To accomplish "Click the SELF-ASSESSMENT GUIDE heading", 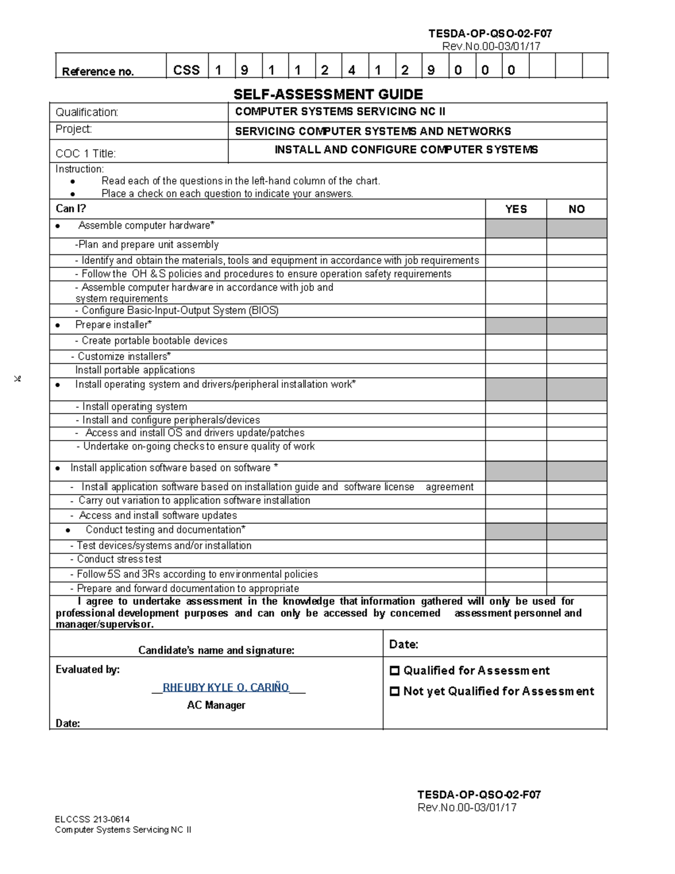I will click(328, 94).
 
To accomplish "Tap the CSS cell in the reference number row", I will click(186, 70).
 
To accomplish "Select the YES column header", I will click(516, 209).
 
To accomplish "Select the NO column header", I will click(577, 209).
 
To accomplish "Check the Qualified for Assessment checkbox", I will click(394, 671).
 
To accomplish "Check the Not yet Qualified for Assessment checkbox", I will click(394, 692).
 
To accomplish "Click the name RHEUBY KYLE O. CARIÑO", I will click(226, 687).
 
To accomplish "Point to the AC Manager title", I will click(216, 705).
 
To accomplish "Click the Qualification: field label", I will click(87, 113).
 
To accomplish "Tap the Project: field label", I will click(74, 129).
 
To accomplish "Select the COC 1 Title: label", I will click(85, 154).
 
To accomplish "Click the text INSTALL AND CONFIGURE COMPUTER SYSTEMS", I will click(406, 150).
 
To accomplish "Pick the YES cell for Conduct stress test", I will click(516, 559).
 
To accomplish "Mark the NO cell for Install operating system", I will click(577, 407).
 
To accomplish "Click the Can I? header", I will click(71, 209).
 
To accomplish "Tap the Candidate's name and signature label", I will click(216, 651).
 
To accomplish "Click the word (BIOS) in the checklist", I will click(264, 311).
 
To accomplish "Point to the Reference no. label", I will click(98, 71).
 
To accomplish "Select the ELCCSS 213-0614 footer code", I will click(92, 819).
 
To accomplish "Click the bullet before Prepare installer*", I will click(58, 326).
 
